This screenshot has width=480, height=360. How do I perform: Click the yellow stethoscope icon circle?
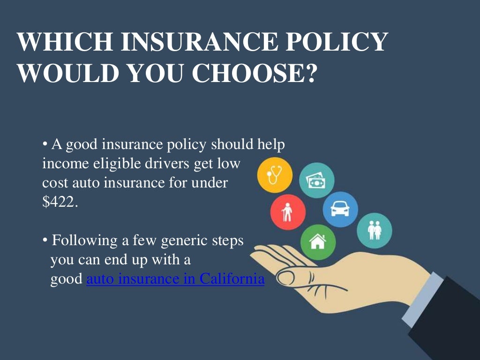point(275,175)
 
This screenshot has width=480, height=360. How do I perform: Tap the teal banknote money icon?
point(316,180)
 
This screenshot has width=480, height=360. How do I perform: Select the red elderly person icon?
point(288,212)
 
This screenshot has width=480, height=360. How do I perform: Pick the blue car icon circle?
point(340,209)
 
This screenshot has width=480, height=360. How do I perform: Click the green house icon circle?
point(318,242)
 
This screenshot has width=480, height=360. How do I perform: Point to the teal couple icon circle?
point(374,231)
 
